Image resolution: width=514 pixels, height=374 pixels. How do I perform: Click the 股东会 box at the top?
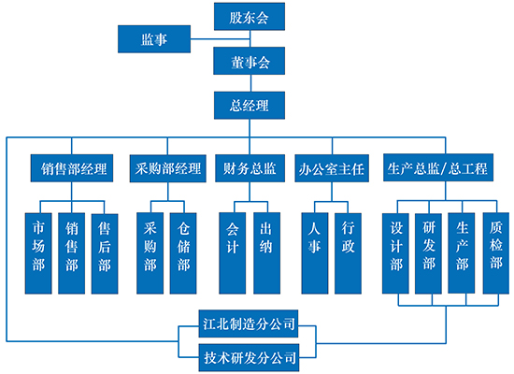(250, 17)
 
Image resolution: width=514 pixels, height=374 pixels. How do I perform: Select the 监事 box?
(154, 39)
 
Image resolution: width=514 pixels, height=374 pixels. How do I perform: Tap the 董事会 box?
(250, 61)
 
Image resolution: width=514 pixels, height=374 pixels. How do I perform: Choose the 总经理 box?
(250, 106)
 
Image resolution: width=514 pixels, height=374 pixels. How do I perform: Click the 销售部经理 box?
(72, 168)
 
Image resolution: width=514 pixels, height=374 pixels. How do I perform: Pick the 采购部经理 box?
(168, 168)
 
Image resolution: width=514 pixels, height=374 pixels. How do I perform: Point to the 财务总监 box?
(250, 168)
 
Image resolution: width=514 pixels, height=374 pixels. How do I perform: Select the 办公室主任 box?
(332, 168)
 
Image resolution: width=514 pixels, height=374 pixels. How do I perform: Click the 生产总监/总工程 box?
(438, 167)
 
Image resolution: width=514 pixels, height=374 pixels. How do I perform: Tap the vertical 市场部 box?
(38, 253)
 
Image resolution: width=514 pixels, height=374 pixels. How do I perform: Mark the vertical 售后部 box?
(105, 253)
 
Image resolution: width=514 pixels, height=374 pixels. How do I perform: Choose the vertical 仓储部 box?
(183, 253)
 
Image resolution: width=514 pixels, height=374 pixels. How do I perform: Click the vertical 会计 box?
(233, 253)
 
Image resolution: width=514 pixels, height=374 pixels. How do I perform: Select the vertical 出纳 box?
(267, 253)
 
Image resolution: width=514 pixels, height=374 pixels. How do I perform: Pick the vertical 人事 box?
(315, 253)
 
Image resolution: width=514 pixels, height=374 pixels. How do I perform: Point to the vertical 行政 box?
(348, 253)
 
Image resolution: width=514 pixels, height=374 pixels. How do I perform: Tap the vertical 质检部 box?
(496, 253)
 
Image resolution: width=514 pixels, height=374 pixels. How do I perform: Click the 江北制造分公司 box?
(249, 324)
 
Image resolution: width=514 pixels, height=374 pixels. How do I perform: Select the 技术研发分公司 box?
(250, 357)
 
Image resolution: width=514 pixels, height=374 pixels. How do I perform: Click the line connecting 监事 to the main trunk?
(221, 39)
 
